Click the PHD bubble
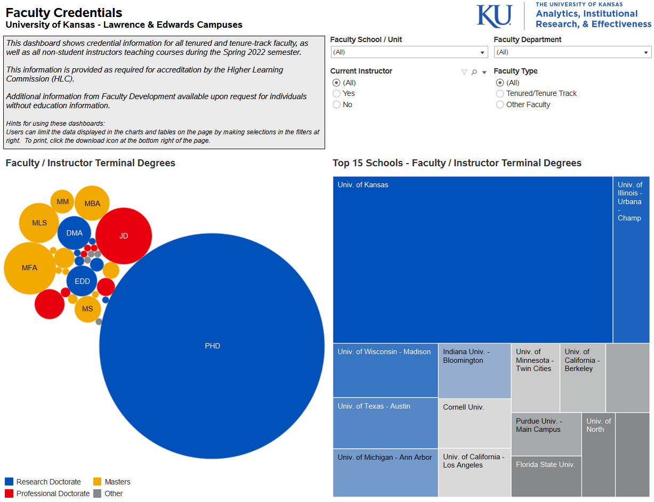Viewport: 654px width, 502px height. (x=212, y=346)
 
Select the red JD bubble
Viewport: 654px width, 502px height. (x=124, y=236)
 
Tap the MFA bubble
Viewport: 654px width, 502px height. (x=30, y=268)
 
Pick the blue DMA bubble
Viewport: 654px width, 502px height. (x=75, y=233)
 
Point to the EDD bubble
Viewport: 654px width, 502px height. (x=82, y=281)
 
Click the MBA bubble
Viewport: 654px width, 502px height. (x=92, y=203)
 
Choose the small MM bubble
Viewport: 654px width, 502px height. (x=63, y=201)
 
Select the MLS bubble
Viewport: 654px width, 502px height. (x=39, y=223)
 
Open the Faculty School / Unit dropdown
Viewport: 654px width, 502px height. (x=409, y=52)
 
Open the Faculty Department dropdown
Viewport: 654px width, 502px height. (x=572, y=52)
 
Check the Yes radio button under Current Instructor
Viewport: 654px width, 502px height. (x=336, y=94)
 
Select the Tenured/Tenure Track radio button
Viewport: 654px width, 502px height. (x=500, y=94)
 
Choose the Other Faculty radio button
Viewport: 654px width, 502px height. (x=500, y=105)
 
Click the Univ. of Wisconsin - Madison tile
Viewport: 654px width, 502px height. (x=385, y=370)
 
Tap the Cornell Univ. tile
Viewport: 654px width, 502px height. (x=474, y=423)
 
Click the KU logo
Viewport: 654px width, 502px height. (x=494, y=16)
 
